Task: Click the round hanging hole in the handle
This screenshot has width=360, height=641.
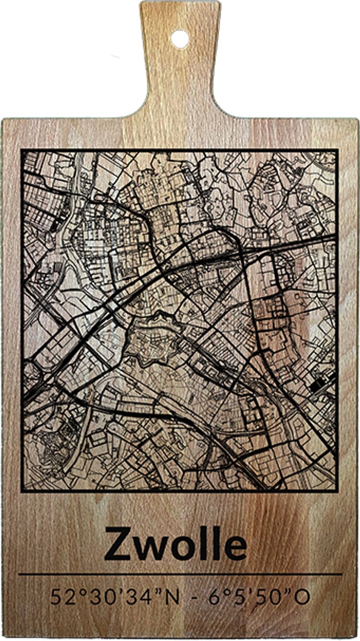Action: click(x=179, y=38)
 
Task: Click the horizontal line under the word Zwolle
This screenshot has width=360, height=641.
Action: click(x=180, y=575)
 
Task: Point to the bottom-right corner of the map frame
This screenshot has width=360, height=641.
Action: click(x=338, y=490)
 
